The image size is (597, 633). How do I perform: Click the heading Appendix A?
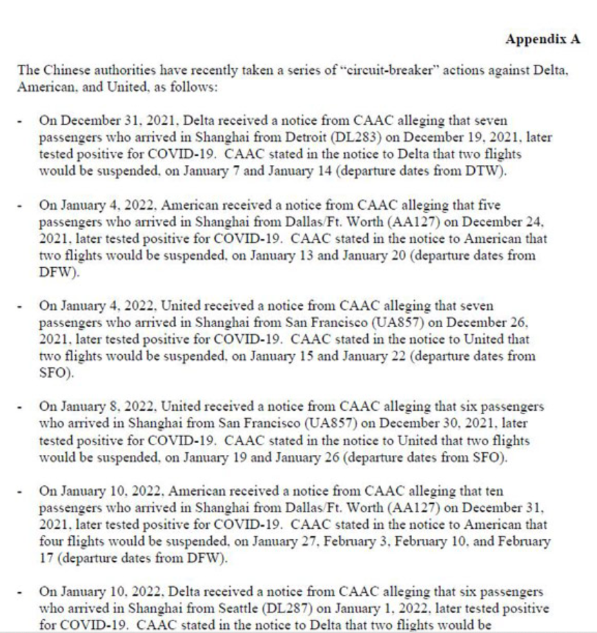pos(542,39)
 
